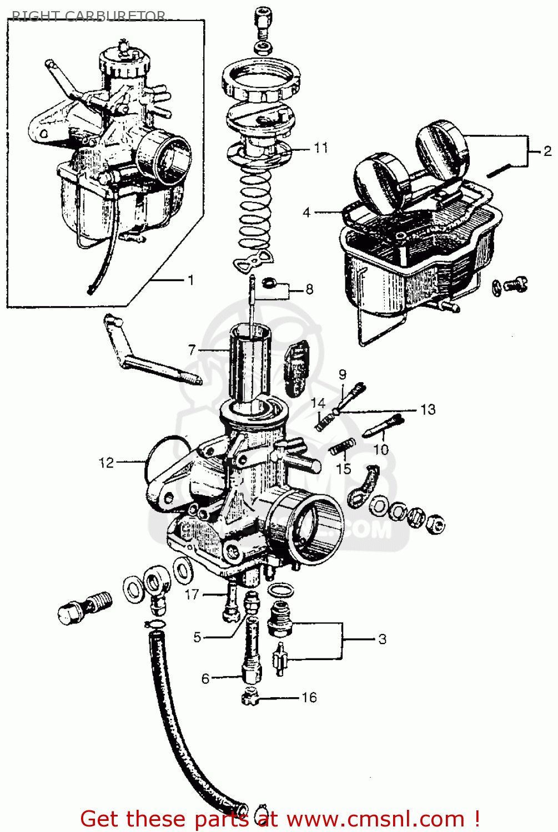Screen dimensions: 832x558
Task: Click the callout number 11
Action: pos(321,148)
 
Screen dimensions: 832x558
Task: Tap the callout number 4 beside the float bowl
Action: pos(306,212)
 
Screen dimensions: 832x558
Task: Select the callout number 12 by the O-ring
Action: pos(106,462)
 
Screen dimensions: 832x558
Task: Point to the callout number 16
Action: pos(309,697)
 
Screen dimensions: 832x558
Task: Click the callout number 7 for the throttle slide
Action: pos(192,350)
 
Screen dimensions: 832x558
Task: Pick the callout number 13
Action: pos(428,410)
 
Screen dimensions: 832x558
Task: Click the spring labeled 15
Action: pos(342,445)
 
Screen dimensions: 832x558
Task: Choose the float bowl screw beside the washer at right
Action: pos(516,284)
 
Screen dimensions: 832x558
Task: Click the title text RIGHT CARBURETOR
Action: pos(89,16)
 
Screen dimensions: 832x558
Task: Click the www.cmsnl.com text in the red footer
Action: pos(372,819)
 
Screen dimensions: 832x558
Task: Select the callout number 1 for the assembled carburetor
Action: pos(191,280)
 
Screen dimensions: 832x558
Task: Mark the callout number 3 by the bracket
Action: pos(382,639)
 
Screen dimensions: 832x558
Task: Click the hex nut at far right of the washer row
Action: pos(435,524)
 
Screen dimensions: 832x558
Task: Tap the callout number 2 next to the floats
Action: pos(547,151)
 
